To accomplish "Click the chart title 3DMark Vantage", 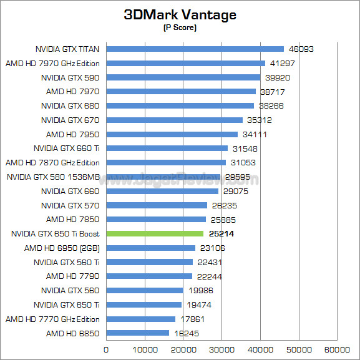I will (180, 15).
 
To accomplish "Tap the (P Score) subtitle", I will (180, 28).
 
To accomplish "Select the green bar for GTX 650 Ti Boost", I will (155, 234).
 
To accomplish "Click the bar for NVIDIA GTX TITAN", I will (195, 49).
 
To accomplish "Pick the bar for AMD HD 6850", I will (137, 333).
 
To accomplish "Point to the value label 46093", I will (301, 49).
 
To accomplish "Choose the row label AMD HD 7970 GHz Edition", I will (52, 63).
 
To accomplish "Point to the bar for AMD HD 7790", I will (149, 276).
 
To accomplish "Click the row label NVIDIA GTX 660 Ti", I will (66, 148).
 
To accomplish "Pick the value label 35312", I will (260, 120).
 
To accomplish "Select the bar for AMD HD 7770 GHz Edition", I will (140, 319).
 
